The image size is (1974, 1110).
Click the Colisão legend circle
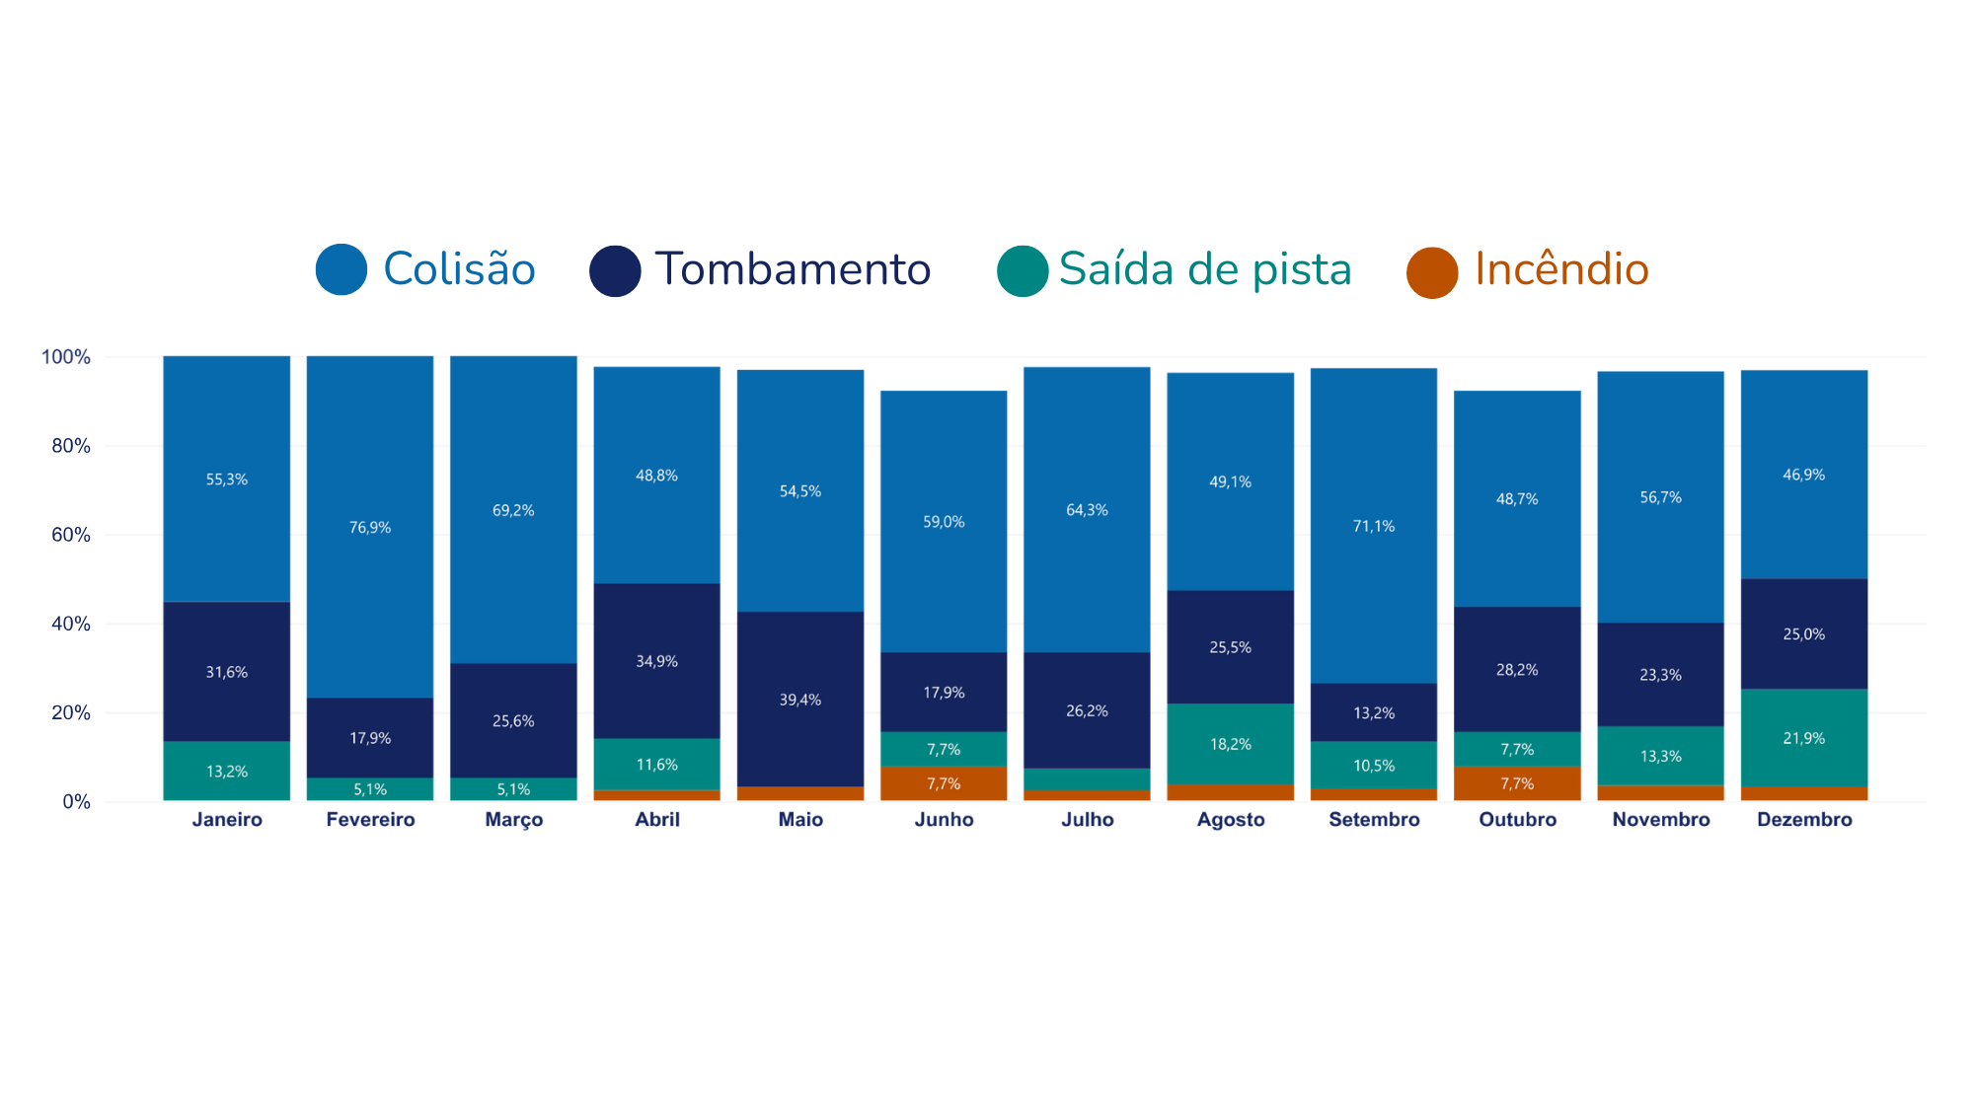[x=342, y=269]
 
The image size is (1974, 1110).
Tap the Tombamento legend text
[x=793, y=269]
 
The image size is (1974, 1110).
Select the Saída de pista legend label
[x=1205, y=269]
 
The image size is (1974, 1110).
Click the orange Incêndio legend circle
[x=1432, y=272]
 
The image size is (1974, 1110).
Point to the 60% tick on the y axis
[x=70, y=535]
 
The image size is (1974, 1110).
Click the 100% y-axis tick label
[x=65, y=357]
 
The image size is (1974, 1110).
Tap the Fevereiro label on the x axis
[x=370, y=820]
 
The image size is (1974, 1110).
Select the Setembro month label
[x=1374, y=820]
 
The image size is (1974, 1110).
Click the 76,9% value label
[x=370, y=528]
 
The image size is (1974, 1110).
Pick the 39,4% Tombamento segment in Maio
[x=800, y=700]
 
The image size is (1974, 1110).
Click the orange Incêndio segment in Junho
[x=944, y=783]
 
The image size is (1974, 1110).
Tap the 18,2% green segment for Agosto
[x=1231, y=744]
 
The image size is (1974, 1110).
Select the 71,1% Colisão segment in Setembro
[x=1374, y=526]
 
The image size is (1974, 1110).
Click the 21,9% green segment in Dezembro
[x=1804, y=738]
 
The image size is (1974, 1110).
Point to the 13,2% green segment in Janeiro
[x=227, y=771]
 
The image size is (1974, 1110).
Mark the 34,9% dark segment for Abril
[x=656, y=661]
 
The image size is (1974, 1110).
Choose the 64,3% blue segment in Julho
[x=1087, y=510]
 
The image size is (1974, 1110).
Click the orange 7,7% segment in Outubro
[x=1517, y=783]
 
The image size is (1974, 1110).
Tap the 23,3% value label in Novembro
[x=1661, y=675]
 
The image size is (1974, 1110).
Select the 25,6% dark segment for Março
[x=513, y=721]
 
